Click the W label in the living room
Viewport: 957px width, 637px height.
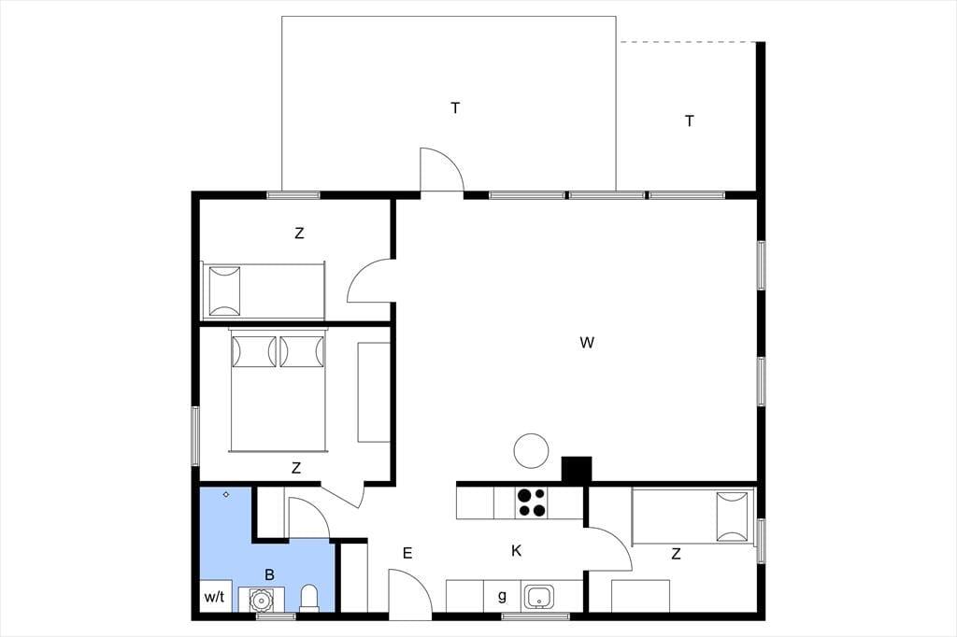587,342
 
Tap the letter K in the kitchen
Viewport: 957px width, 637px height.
516,551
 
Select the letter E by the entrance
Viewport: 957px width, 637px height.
407,554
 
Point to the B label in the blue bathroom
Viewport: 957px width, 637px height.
270,574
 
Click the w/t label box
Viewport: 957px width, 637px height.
215,596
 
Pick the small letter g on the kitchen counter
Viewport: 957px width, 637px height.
502,596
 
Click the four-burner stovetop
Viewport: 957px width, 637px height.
531,503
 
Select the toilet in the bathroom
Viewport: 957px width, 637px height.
309,598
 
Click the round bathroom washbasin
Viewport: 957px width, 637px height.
262,600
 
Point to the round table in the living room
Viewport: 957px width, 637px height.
531,451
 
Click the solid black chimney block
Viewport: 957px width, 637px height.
576,471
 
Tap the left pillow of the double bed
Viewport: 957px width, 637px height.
253,352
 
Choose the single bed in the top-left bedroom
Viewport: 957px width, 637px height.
263,291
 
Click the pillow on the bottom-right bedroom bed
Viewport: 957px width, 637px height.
732,517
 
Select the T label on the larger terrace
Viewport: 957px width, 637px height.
455,108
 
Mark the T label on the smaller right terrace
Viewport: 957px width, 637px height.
689,120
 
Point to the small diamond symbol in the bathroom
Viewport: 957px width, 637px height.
226,494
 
